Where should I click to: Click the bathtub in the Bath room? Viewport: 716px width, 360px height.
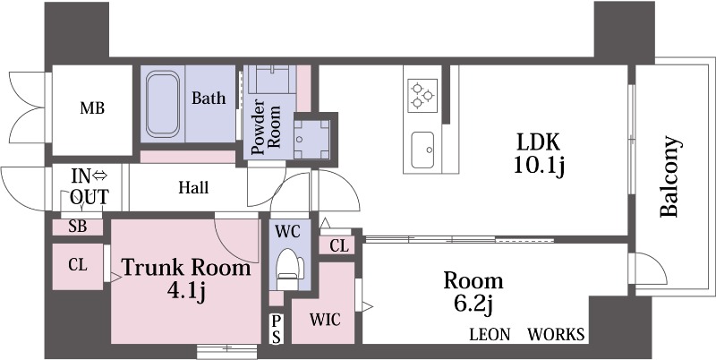[x=163, y=104]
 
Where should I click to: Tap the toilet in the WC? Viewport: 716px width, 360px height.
[x=290, y=269]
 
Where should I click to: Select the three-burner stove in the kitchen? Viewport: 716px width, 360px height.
[x=422, y=94]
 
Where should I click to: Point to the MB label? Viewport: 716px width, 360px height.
[x=92, y=108]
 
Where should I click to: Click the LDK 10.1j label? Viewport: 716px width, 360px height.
[x=539, y=154]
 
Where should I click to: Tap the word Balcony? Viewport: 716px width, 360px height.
[x=670, y=176]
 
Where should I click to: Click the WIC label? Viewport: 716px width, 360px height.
[x=325, y=320]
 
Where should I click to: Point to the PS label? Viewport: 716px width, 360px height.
[x=276, y=329]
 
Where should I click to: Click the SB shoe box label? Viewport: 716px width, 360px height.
[x=78, y=227]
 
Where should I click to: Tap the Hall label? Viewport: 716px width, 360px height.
[x=193, y=187]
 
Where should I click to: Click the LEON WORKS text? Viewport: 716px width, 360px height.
[x=527, y=334]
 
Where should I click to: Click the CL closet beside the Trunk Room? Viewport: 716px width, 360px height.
[x=78, y=266]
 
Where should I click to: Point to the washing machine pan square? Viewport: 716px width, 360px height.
[x=311, y=139]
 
